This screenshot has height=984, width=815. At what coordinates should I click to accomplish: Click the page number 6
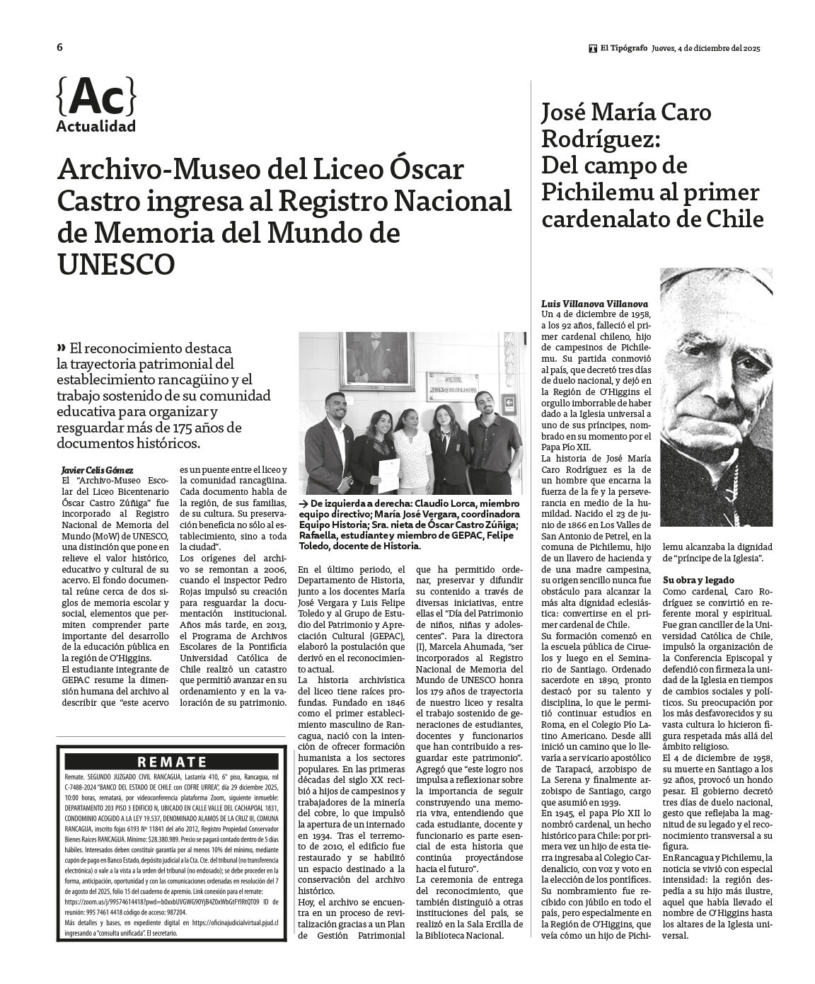(60, 47)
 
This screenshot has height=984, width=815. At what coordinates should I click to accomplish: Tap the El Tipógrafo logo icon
(592, 48)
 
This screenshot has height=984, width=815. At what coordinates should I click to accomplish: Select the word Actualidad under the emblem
(96, 127)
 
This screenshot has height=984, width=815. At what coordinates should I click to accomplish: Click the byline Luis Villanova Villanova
(594, 303)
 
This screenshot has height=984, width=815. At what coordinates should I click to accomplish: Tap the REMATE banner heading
(172, 762)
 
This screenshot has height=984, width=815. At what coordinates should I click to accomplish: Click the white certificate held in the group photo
(388, 475)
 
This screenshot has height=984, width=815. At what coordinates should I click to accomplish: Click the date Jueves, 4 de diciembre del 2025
(705, 48)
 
